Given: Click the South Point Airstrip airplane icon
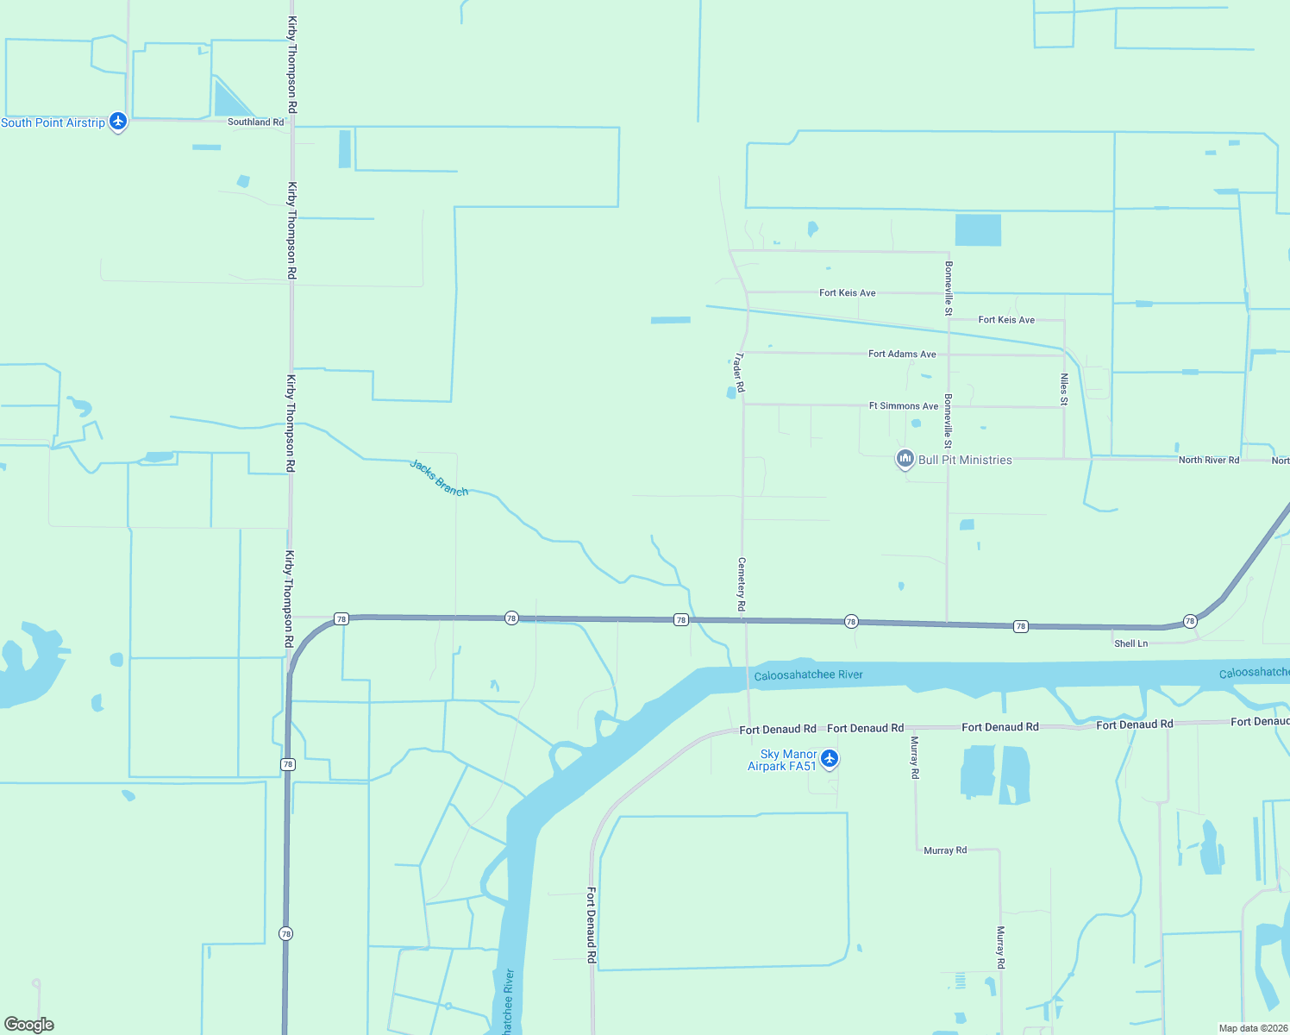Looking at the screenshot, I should tap(118, 122).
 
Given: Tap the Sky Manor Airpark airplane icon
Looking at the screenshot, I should tap(830, 759).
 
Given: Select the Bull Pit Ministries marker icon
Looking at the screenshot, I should tap(905, 459).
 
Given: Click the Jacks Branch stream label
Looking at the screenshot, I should tap(439, 478).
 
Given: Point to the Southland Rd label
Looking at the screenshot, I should tap(255, 122).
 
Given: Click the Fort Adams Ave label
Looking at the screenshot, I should tap(902, 354).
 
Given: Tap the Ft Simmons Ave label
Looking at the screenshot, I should tap(904, 406).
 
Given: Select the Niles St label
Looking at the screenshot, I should tap(1064, 389).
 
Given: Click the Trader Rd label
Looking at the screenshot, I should tap(739, 372).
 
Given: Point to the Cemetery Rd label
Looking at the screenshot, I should tap(741, 585).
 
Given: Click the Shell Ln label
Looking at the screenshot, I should tap(1130, 643).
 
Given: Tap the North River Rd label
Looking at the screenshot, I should tap(1208, 461).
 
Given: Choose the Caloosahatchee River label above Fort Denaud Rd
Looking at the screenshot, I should tap(808, 675).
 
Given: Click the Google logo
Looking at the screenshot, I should tap(29, 1025).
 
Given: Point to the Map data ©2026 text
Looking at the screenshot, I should tap(1253, 1028).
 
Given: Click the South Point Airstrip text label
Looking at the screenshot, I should tap(53, 123).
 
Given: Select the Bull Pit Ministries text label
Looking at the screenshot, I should tap(965, 461).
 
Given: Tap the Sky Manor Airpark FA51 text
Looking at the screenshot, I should tap(782, 760).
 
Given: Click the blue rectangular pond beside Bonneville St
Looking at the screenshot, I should tap(978, 230).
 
